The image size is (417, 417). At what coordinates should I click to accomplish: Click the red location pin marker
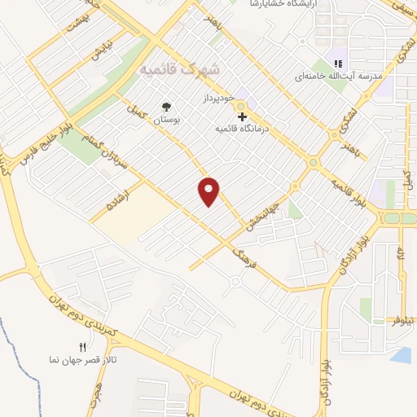(x=209, y=191)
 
